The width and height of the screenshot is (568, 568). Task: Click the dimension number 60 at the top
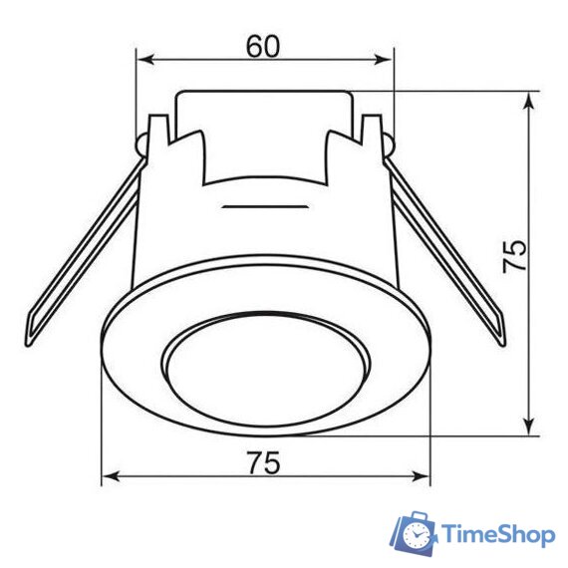tap(263, 47)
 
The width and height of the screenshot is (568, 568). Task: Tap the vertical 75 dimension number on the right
tap(515, 256)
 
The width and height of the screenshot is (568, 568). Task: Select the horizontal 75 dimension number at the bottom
tap(264, 462)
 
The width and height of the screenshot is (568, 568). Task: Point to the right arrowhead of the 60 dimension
tap(384, 60)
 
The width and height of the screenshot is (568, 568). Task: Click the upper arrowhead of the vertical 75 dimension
tap(529, 101)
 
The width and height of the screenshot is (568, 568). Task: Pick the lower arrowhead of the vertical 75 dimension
tap(529, 426)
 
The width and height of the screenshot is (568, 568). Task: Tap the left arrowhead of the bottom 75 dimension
tap(111, 476)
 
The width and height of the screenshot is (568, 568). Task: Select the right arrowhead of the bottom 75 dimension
tap(421, 476)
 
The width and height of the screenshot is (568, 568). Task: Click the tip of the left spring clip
tap(28, 344)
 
